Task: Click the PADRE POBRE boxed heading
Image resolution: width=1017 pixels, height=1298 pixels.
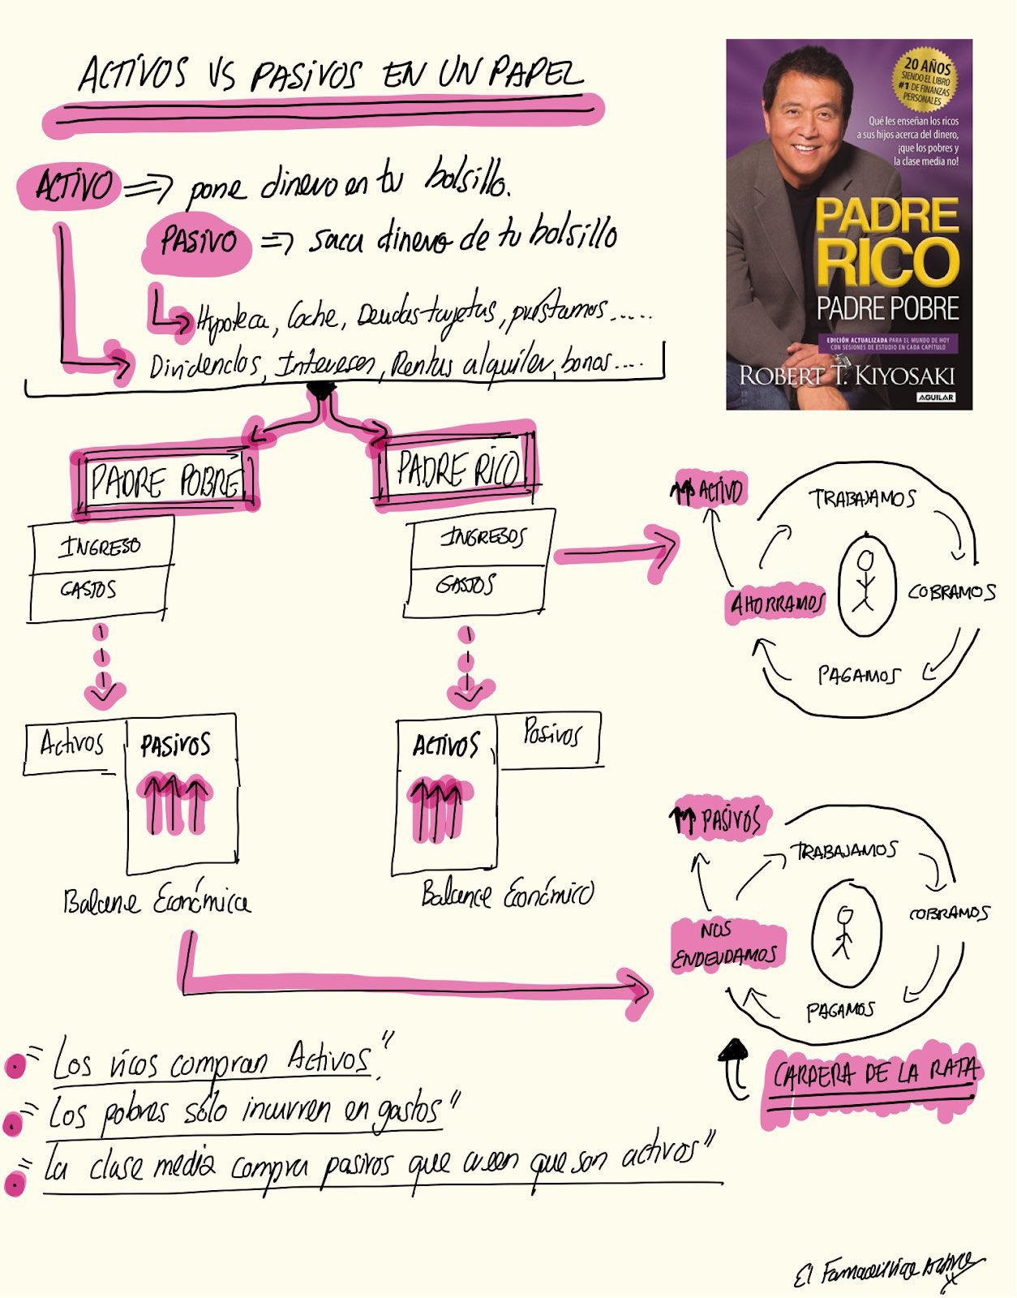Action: click(x=165, y=481)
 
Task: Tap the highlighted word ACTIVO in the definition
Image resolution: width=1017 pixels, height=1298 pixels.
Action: click(x=72, y=187)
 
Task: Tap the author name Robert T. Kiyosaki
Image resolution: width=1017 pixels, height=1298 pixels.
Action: click(x=847, y=376)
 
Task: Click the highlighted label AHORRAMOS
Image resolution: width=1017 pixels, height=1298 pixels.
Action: click(x=777, y=604)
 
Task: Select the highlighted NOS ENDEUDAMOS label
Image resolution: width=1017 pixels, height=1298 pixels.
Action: click(x=724, y=944)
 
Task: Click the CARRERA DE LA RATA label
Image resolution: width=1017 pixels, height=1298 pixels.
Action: click(x=874, y=1075)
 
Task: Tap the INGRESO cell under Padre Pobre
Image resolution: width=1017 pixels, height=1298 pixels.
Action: click(x=101, y=546)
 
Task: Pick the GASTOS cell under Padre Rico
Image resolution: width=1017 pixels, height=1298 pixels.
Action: click(x=466, y=584)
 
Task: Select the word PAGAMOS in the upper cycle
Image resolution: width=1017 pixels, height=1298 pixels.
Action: click(x=858, y=675)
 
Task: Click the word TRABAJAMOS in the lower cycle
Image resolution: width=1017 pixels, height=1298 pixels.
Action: click(x=846, y=851)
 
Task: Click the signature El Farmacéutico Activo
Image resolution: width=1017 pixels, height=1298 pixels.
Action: click(x=889, y=1270)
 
